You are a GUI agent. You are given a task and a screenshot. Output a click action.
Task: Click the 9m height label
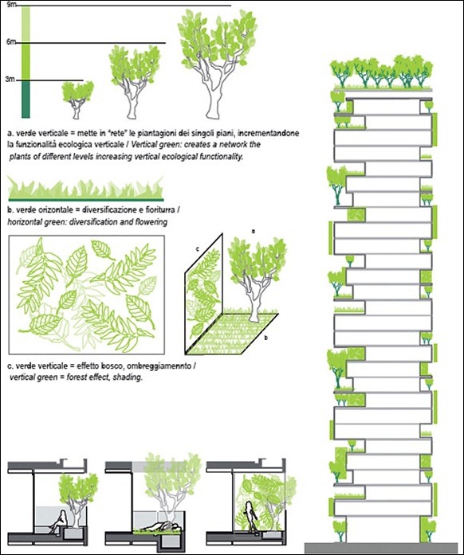(x=10, y=5)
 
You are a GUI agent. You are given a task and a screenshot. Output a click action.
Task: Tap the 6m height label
(x=10, y=41)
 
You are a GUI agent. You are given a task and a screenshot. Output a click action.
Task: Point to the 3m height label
(x=10, y=80)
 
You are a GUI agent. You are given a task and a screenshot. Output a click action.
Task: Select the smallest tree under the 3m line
(x=77, y=100)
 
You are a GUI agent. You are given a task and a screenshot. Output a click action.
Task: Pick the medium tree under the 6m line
(x=133, y=81)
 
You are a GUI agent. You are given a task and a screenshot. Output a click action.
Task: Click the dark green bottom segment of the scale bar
(x=26, y=99)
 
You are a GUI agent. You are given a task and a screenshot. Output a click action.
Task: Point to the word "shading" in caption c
(x=128, y=377)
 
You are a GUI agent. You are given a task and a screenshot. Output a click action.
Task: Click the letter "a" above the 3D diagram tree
(x=253, y=231)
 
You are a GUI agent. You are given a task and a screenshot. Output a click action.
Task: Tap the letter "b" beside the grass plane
(x=266, y=338)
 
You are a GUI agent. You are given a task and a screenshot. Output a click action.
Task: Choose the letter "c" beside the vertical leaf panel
(x=198, y=248)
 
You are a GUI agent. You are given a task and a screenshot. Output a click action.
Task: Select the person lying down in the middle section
(x=163, y=526)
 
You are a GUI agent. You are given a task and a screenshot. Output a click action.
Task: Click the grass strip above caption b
(x=85, y=188)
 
